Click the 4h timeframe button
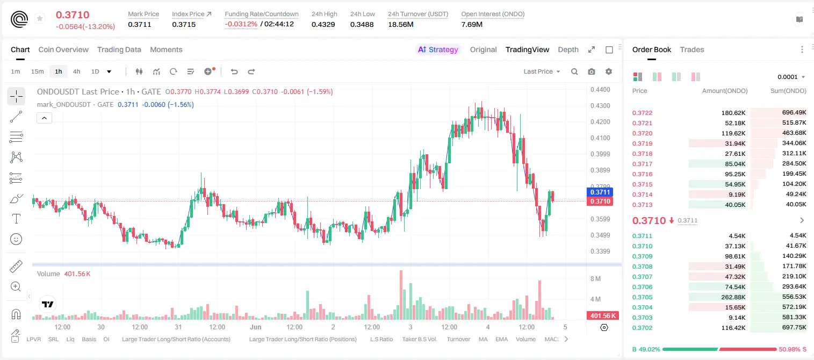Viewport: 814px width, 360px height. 76,71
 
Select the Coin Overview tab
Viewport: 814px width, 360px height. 63,49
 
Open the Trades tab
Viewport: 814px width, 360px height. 692,49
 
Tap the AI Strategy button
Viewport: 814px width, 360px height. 438,49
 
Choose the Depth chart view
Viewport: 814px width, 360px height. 568,49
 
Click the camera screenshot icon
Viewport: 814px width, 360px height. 592,71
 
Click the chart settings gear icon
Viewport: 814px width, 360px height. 609,71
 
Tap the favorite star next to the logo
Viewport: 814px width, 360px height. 40,18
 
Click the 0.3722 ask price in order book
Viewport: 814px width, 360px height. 642,113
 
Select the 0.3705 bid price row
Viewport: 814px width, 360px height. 642,297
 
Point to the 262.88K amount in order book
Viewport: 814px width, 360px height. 733,297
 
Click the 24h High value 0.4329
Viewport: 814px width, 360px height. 323,24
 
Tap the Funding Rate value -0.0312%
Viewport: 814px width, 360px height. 241,24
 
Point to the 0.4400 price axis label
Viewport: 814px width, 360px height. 600,90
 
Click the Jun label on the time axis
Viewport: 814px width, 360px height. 255,327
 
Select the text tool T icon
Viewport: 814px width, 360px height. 16,219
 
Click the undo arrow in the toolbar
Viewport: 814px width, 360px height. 234,71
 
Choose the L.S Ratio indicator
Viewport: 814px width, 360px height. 381,339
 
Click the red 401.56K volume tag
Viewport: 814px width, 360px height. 602,316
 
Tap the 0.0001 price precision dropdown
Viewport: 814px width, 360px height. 791,77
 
